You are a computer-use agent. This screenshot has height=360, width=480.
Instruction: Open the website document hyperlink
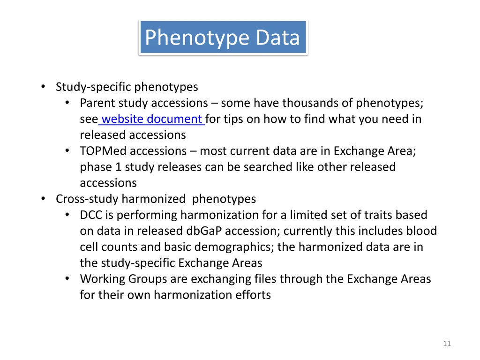pos(152,119)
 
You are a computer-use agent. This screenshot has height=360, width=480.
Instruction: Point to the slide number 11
pos(447,344)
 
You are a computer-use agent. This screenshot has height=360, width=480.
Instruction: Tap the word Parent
pos(97,103)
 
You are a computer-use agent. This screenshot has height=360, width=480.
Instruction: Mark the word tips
pos(233,119)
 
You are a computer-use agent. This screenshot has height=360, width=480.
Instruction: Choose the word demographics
pos(234,247)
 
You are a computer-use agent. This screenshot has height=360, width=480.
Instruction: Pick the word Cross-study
pos(87,199)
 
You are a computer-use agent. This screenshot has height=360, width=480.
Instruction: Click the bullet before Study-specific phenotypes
pos(43,87)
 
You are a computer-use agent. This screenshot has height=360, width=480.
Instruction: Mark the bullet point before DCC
pos(68,215)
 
